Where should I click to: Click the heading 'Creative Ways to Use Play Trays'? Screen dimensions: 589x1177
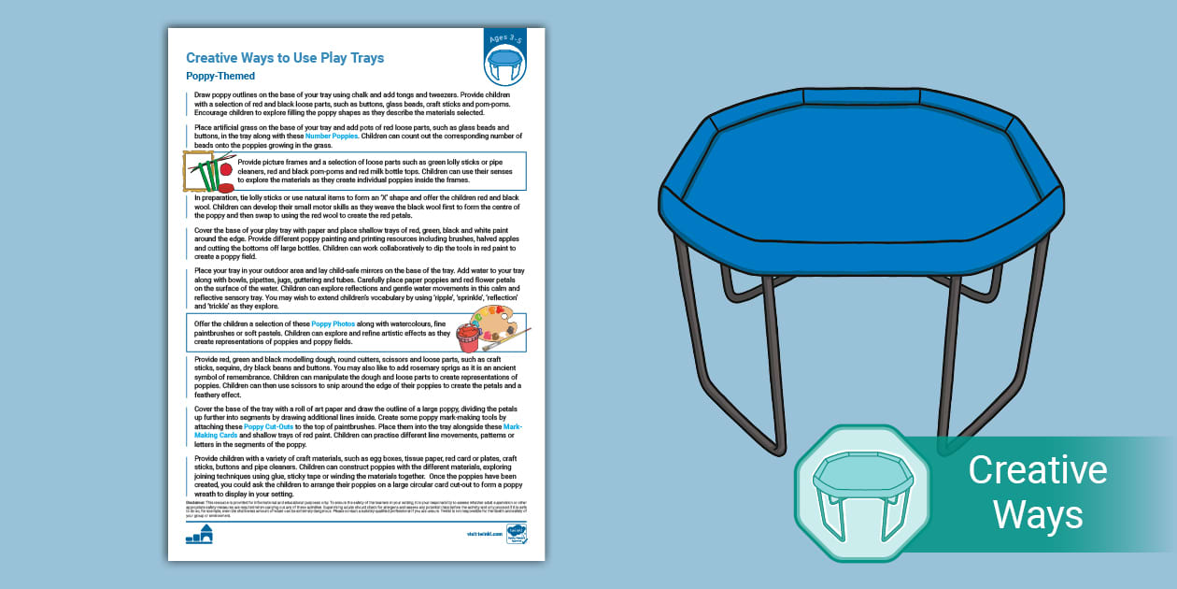pos(285,58)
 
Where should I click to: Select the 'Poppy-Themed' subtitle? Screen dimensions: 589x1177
pos(220,77)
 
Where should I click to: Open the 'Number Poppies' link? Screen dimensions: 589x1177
pos(332,136)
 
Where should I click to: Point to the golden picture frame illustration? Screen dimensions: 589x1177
pos(198,172)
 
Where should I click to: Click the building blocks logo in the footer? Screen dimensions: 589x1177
pos(199,534)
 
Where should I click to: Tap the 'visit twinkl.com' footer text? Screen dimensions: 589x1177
pos(484,535)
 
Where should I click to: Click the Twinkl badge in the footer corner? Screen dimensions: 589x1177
pos(517,534)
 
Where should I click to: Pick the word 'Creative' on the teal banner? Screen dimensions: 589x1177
pos(1037,470)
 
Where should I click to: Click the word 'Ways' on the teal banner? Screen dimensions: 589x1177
pos(1037,514)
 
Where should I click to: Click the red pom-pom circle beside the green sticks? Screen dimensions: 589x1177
pos(225,170)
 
